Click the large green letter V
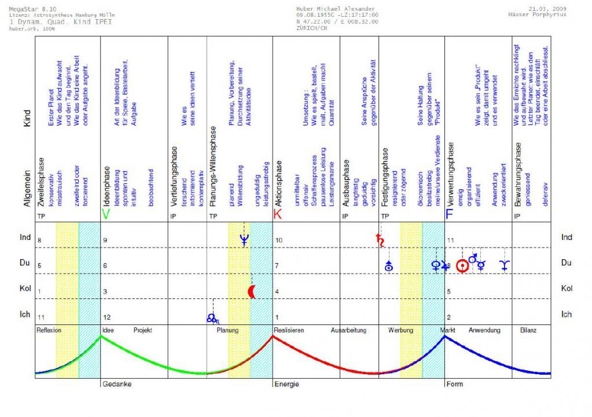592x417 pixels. click(105, 215)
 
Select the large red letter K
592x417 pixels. click(278, 215)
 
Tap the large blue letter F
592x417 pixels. click(450, 215)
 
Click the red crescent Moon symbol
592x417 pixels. click(252, 292)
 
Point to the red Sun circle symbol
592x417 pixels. click(462, 266)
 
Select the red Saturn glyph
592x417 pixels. click(381, 241)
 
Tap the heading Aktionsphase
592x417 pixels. click(278, 180)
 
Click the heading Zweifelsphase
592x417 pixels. click(41, 179)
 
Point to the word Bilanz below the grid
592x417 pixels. click(527, 331)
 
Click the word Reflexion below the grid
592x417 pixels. click(49, 331)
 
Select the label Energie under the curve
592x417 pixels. click(286, 384)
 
